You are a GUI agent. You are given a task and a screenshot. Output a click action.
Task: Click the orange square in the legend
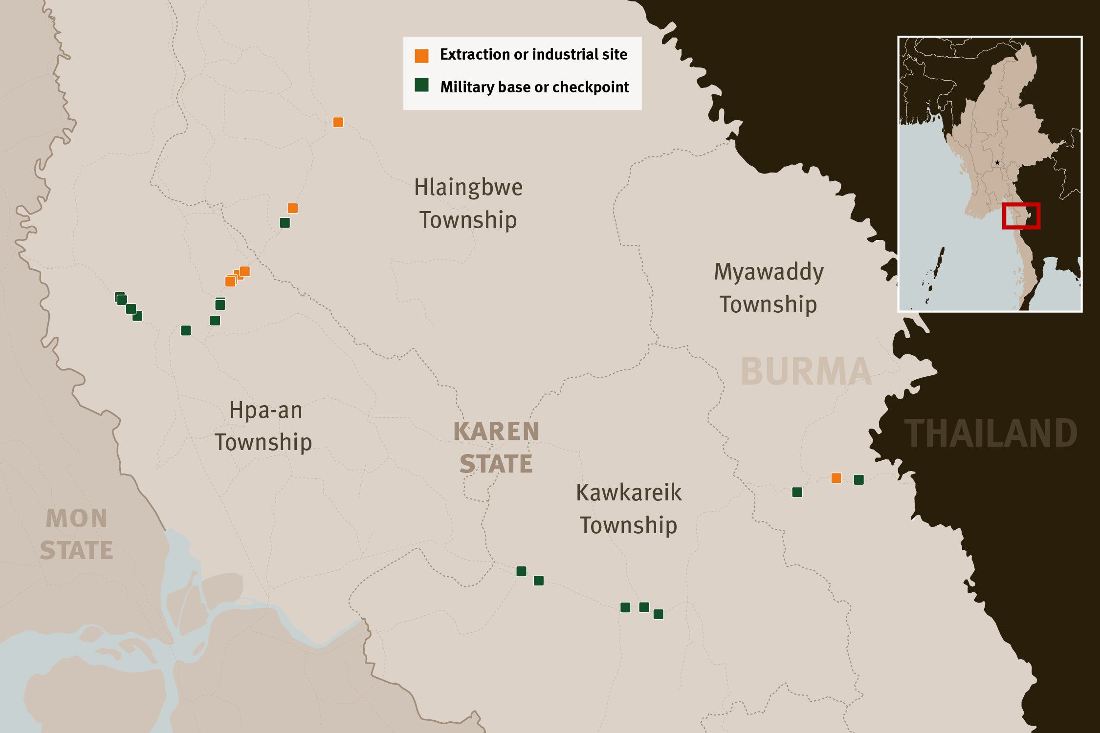421,56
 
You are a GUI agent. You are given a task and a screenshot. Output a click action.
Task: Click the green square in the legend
421,85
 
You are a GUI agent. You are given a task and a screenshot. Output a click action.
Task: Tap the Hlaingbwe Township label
468,203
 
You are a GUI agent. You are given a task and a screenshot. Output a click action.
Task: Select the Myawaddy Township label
769,288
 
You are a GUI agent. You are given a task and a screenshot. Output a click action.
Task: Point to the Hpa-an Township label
264,426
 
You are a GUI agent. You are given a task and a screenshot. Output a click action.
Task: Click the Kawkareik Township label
629,509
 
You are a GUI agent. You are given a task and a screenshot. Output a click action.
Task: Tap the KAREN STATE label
496,447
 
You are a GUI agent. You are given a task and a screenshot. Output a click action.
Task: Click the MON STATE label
76,534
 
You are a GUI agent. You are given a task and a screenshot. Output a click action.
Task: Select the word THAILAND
990,433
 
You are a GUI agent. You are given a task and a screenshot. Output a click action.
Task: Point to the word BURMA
806,372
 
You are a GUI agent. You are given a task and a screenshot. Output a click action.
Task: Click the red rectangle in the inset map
1021,216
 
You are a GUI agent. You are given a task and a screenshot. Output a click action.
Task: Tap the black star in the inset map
997,163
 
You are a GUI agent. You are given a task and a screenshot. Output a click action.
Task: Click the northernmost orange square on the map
338,122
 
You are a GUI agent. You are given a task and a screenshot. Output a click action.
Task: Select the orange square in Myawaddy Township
836,478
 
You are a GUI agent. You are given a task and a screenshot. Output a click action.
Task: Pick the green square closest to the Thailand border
858,480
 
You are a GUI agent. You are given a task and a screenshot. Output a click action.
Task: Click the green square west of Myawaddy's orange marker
797,492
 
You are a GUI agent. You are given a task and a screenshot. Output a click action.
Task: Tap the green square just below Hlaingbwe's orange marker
285,223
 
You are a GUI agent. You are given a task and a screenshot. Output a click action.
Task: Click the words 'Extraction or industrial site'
533,54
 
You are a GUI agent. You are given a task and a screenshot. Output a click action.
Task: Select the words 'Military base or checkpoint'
534,87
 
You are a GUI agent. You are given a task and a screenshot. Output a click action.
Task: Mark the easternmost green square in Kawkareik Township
659,614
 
